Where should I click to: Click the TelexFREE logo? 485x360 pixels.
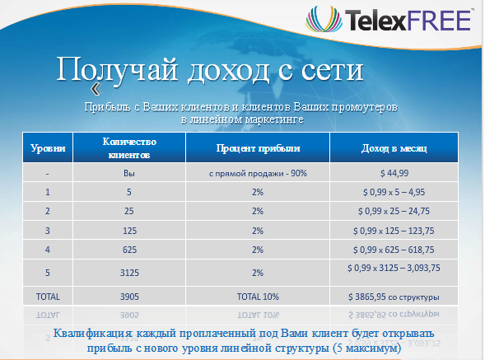coord(389,20)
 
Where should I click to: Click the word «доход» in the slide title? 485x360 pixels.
coord(228,70)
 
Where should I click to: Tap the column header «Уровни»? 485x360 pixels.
coord(48,148)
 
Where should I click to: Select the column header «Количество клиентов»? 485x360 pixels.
coord(129,148)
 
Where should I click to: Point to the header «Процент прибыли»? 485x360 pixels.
coord(258,148)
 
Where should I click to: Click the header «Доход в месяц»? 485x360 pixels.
coord(394,148)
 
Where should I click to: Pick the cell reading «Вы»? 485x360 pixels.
coord(129,173)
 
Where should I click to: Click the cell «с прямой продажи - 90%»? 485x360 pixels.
coord(258,173)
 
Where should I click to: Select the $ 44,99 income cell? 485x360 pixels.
coord(394,173)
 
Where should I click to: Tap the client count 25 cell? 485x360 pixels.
coord(129,211)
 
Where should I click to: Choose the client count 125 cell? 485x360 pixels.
coord(129,231)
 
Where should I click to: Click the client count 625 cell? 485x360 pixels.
coord(129,250)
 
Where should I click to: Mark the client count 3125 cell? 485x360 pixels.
coord(129,273)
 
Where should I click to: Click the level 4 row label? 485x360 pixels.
coord(48,250)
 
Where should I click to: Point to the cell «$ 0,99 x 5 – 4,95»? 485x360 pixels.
coord(394,192)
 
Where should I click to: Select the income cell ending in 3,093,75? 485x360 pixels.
coord(394,268)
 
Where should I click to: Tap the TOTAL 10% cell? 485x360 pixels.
coord(258,297)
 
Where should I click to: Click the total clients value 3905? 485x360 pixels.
coord(129,297)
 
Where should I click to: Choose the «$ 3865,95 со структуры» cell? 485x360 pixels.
coord(394,297)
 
